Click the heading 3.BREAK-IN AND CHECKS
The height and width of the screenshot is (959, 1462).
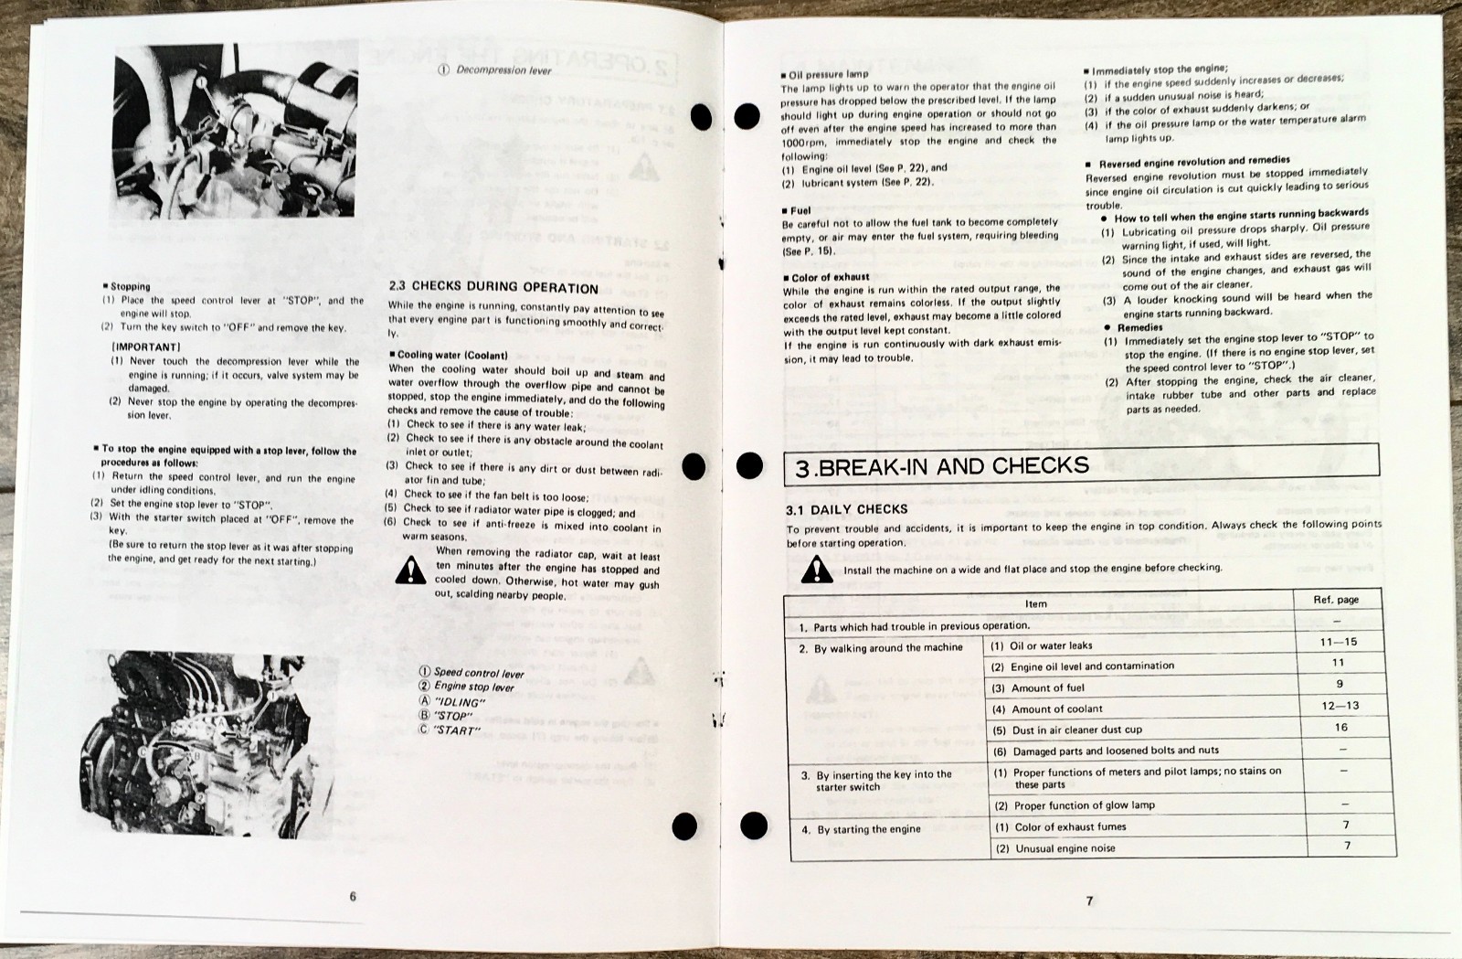(x=942, y=467)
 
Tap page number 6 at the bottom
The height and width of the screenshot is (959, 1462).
(x=353, y=896)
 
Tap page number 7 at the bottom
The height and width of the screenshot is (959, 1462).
(x=1089, y=900)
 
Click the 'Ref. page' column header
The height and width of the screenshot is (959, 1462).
(x=1336, y=600)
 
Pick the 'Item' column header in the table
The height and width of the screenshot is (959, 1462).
(x=1036, y=603)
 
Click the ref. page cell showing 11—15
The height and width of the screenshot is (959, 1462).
(x=1338, y=642)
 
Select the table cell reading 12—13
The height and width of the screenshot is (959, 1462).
(x=1339, y=705)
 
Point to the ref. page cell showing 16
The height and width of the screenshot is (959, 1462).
(x=1340, y=727)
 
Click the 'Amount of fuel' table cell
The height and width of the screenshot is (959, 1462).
(x=1038, y=687)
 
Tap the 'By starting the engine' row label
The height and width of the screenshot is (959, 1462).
(x=862, y=830)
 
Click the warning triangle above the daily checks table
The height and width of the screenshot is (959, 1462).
(x=817, y=569)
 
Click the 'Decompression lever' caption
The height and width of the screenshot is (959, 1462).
(x=502, y=69)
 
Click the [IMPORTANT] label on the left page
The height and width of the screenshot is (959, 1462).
(x=146, y=347)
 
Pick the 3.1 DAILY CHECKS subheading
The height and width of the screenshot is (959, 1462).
(x=847, y=508)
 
